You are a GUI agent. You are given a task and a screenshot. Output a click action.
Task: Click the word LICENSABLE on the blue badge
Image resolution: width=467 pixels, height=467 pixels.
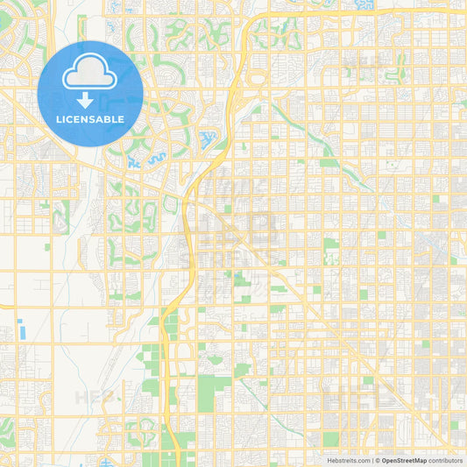[x=91, y=119]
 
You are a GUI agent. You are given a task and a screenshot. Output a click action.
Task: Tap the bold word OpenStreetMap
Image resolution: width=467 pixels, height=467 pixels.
[x=404, y=460]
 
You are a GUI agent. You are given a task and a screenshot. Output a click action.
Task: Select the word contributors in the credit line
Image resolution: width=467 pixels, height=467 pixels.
[x=445, y=460]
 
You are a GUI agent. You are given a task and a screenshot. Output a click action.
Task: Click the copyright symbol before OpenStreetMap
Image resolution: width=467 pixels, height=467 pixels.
[x=378, y=460]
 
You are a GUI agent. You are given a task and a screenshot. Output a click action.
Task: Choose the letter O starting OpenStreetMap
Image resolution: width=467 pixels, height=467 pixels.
[x=384, y=460]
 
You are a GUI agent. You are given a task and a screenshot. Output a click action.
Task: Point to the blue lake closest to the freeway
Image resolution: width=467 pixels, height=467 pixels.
[x=209, y=138]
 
